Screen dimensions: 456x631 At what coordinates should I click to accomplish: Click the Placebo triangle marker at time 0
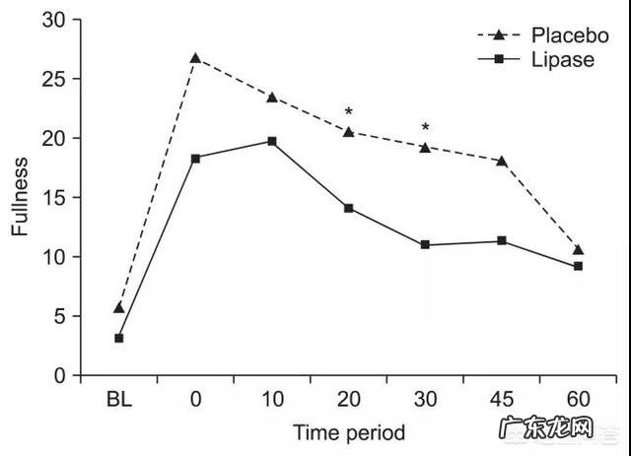pyautogui.click(x=195, y=58)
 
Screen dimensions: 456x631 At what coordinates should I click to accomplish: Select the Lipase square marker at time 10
pyautogui.click(x=272, y=141)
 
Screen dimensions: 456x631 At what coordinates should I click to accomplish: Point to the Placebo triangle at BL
pyautogui.click(x=119, y=308)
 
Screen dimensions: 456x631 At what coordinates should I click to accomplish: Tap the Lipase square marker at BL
pyautogui.click(x=119, y=338)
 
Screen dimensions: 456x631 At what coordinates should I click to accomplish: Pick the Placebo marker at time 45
pyautogui.click(x=502, y=161)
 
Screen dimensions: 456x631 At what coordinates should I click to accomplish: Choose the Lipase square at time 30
pyautogui.click(x=425, y=244)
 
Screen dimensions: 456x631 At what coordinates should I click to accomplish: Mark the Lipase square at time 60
pyautogui.click(x=578, y=266)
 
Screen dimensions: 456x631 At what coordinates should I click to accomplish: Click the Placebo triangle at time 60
pyautogui.click(x=578, y=250)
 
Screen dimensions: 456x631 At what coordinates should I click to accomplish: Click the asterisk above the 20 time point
pyautogui.click(x=348, y=113)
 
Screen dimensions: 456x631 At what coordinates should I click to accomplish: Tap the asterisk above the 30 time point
pyautogui.click(x=425, y=128)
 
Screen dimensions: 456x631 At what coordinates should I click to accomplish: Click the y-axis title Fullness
pyautogui.click(x=21, y=197)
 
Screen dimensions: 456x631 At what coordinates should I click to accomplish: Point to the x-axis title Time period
pyautogui.click(x=348, y=431)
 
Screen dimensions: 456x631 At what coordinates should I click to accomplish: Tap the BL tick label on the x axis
pyautogui.click(x=119, y=401)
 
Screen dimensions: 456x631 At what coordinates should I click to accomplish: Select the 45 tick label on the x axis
pyautogui.click(x=502, y=401)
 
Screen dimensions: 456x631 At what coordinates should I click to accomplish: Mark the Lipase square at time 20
pyautogui.click(x=348, y=208)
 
